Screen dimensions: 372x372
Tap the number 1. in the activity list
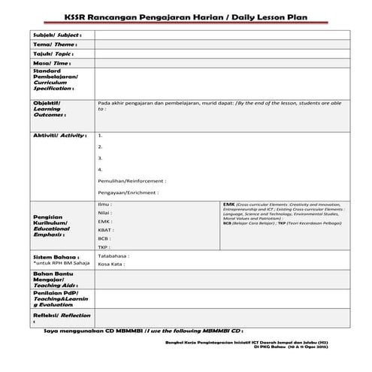tap(100, 135)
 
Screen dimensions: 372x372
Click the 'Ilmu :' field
tap(105, 204)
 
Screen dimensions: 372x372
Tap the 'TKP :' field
tap(104, 246)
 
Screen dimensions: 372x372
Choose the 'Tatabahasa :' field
tap(113, 256)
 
